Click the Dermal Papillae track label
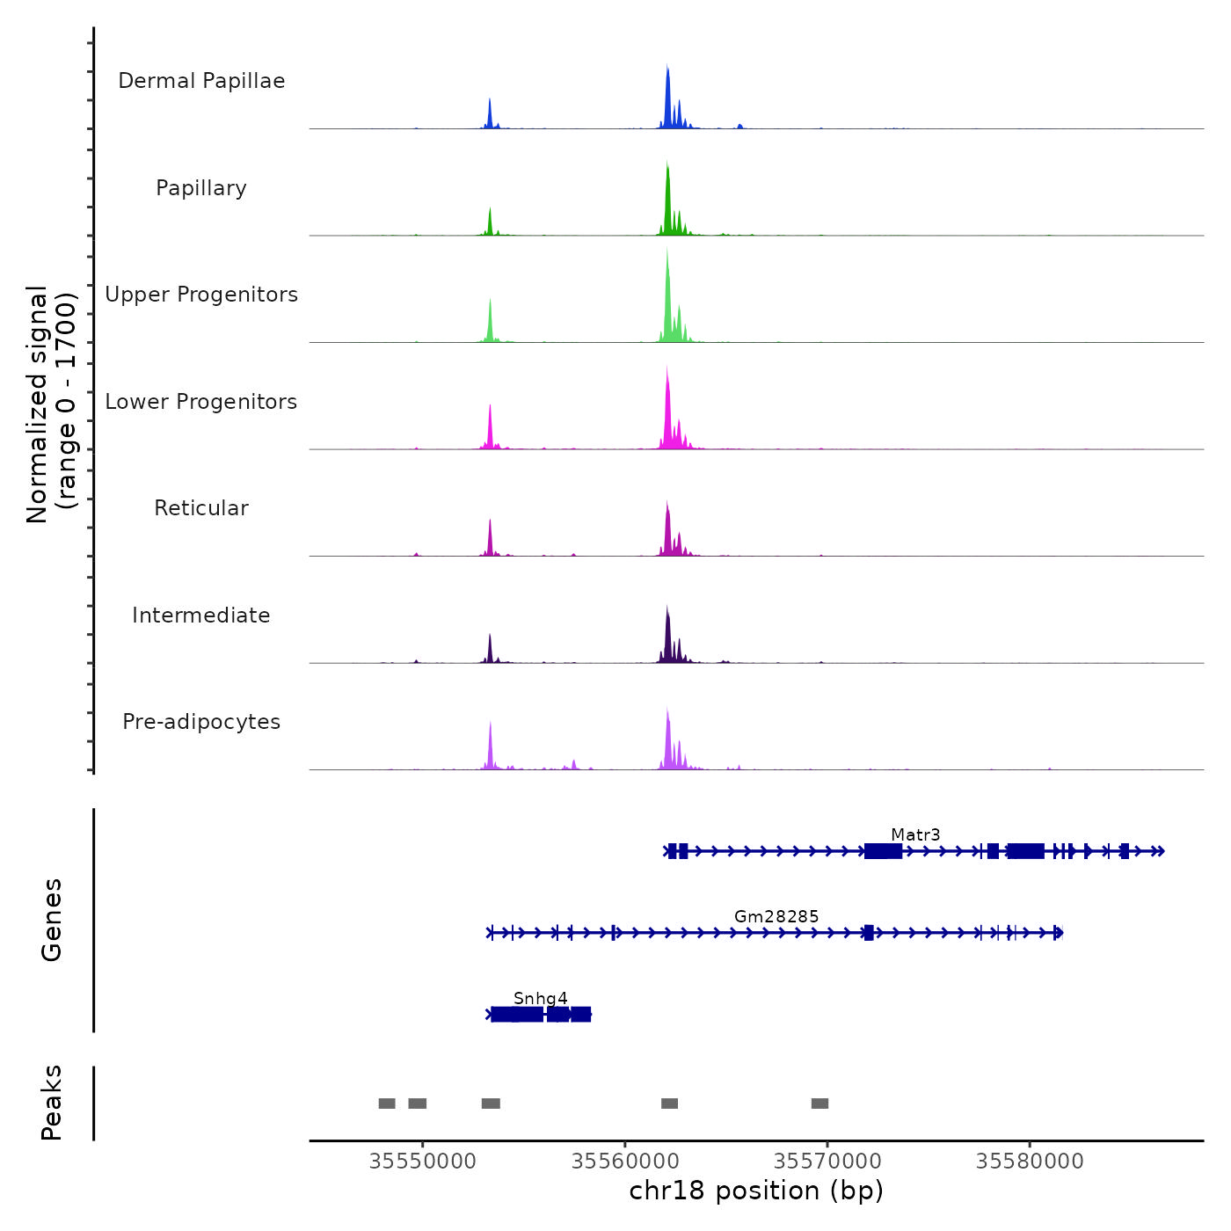tap(201, 81)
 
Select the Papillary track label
tap(201, 188)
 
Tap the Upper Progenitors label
tap(201, 295)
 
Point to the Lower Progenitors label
tap(201, 402)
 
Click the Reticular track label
tap(201, 508)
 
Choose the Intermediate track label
tap(201, 615)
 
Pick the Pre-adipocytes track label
tap(201, 722)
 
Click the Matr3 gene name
tap(915, 834)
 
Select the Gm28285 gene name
tap(776, 916)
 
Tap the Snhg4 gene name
tap(541, 998)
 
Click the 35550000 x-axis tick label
tap(423, 1161)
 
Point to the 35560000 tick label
tap(625, 1161)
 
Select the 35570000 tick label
tap(827, 1161)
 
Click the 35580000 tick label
tap(1030, 1161)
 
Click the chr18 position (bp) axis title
tap(756, 1191)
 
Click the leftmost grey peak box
tap(387, 1104)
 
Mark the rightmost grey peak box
tap(819, 1104)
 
